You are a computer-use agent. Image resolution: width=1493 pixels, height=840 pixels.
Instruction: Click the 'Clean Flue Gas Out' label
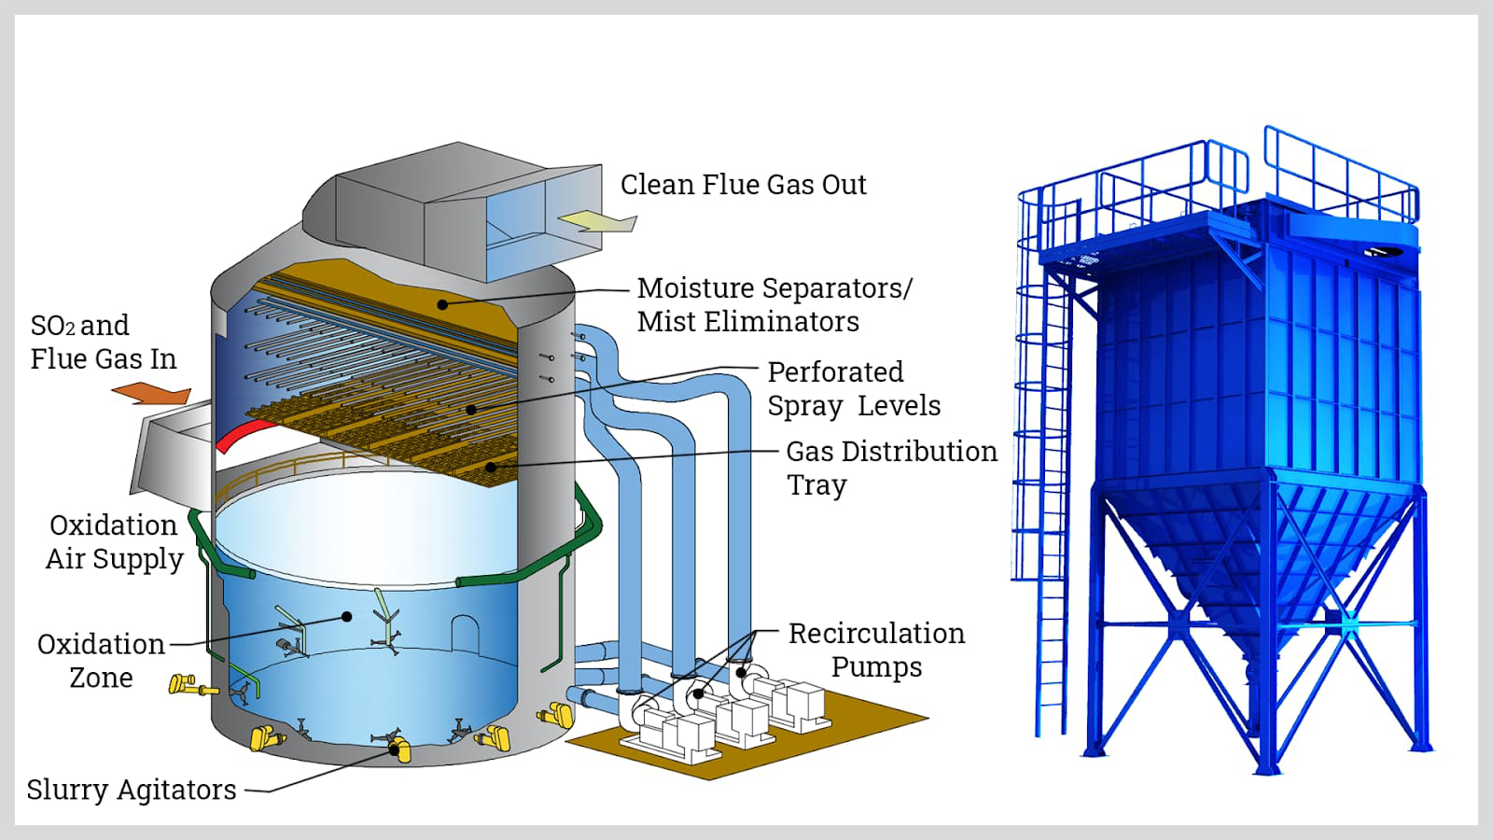(x=743, y=185)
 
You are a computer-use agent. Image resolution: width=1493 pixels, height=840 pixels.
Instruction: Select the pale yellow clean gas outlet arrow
(x=597, y=221)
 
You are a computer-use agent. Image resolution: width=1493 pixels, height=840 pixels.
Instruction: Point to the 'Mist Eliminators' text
(x=747, y=322)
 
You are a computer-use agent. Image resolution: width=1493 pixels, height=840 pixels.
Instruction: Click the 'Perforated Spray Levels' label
(x=853, y=389)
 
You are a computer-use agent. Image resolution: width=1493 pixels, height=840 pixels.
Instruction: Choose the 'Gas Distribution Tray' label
(x=890, y=468)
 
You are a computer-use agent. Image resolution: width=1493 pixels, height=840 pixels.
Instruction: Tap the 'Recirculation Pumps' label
(x=876, y=650)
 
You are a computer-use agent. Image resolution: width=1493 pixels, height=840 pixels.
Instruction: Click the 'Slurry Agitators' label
(x=132, y=790)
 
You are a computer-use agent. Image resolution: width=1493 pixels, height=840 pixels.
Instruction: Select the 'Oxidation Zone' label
(x=101, y=661)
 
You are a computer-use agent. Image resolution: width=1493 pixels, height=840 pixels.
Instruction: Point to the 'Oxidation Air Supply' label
(x=114, y=541)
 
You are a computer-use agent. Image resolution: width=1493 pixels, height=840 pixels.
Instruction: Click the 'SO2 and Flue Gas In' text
(x=103, y=342)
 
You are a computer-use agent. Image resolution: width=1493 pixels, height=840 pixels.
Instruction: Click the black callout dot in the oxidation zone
(x=347, y=616)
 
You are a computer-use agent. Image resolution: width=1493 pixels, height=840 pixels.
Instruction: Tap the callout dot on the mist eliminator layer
(x=442, y=304)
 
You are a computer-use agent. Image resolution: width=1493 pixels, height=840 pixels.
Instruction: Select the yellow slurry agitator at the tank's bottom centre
(x=399, y=749)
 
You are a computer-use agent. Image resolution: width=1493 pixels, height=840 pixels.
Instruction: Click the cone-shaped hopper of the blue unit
(x=1260, y=560)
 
